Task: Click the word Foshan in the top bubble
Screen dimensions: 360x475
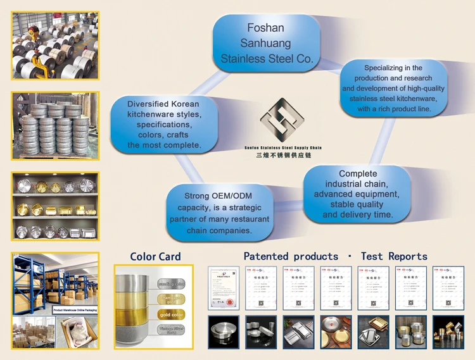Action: (266, 28)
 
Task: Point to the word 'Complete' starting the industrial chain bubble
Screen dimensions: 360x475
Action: (358, 173)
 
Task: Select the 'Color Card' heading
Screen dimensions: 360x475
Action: (155, 256)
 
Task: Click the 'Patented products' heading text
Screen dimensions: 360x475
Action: (291, 256)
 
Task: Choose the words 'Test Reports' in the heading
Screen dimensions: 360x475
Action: (394, 256)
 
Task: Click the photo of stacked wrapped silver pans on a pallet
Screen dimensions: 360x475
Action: (55, 125)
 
